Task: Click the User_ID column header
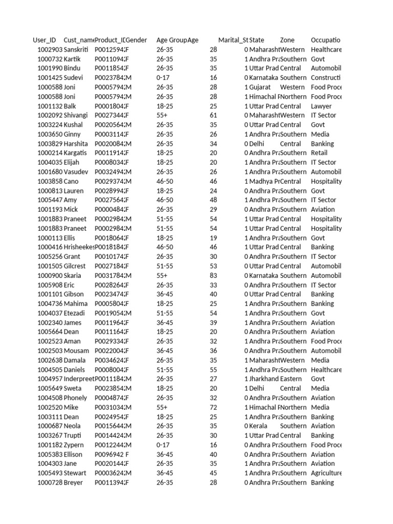click(x=45, y=40)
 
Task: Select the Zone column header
click(x=287, y=40)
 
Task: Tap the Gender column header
click(x=137, y=40)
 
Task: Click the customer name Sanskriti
click(x=76, y=50)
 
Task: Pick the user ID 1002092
click(x=50, y=115)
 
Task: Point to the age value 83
click(x=213, y=275)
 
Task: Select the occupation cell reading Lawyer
click(x=321, y=106)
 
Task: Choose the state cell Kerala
click(x=259, y=426)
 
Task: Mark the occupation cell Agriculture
click(x=326, y=473)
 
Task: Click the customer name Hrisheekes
click(x=79, y=247)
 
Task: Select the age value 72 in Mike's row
click(x=213, y=407)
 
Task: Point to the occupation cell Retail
click(x=319, y=153)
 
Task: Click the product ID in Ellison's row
click(x=108, y=454)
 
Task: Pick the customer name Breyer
click(x=73, y=483)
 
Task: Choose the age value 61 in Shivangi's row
click(x=213, y=115)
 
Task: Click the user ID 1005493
click(x=50, y=473)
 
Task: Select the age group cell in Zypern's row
click(x=163, y=445)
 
